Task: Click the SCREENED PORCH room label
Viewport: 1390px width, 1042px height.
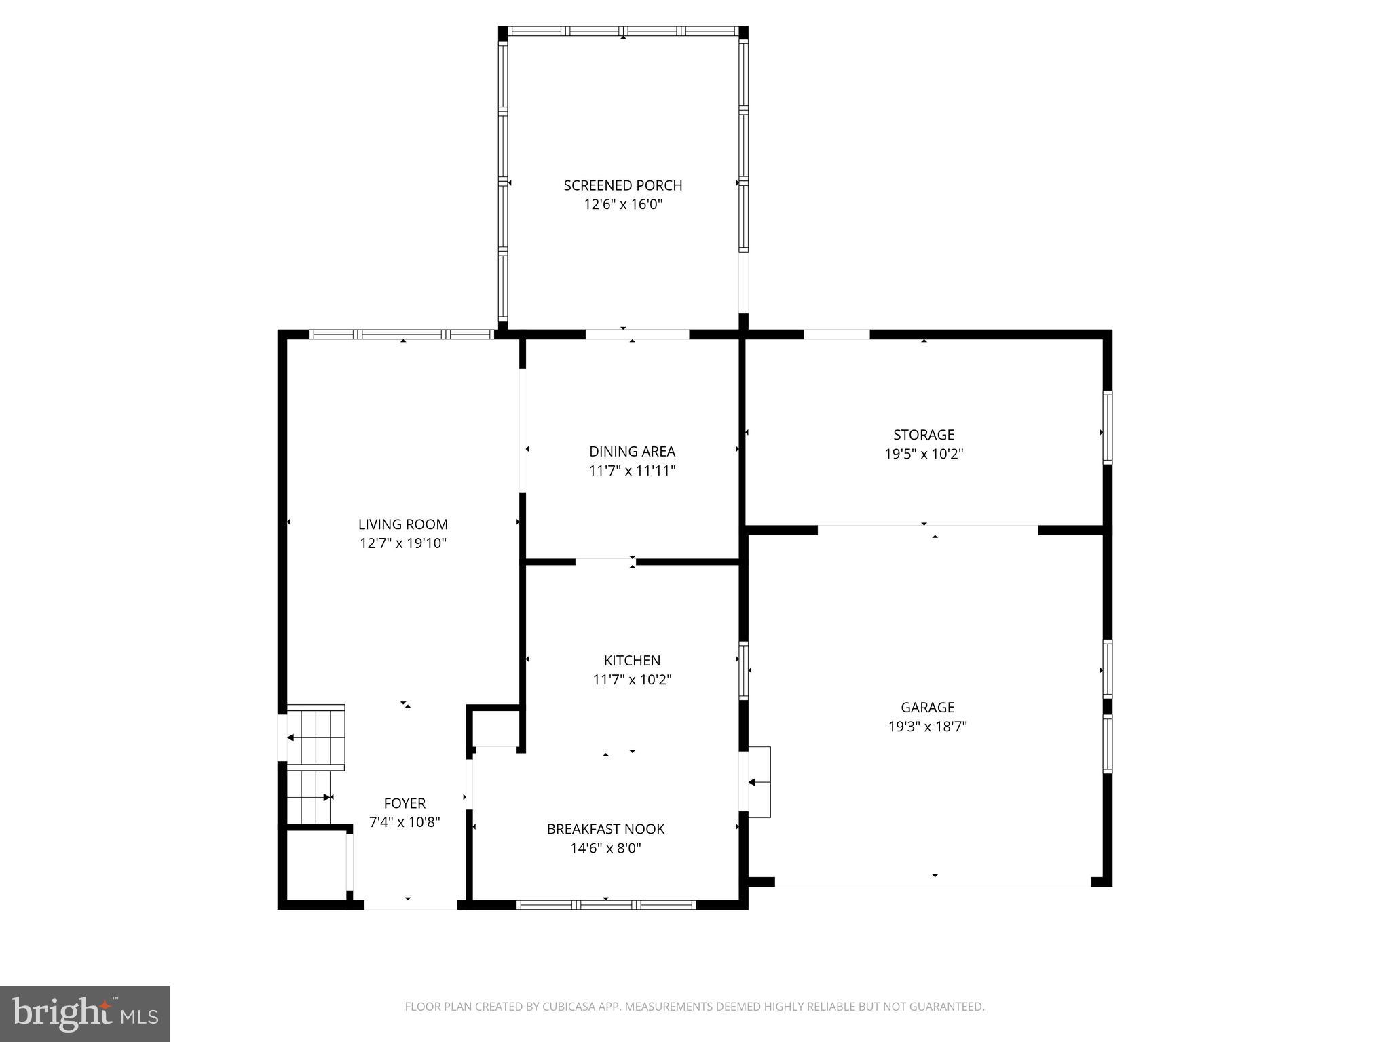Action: pos(622,185)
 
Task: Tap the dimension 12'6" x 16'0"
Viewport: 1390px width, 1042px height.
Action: pos(622,204)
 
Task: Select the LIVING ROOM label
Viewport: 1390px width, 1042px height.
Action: pos(403,524)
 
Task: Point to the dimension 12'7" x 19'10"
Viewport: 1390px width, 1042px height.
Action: pos(403,543)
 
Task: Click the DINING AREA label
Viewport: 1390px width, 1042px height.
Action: pos(632,452)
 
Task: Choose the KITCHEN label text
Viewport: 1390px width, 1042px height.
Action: pos(632,661)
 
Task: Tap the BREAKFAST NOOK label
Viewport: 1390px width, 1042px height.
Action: pos(605,829)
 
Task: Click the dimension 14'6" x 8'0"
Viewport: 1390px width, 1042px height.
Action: pos(605,848)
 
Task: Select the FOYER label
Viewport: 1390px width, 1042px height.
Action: pos(405,803)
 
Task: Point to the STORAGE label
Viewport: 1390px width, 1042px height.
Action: pos(924,435)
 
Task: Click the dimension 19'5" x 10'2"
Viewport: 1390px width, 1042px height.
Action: pos(924,454)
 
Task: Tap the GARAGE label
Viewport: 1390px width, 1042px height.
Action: pos(927,708)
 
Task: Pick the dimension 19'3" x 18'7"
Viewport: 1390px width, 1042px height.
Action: pos(927,727)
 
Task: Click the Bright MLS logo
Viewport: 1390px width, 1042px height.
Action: pos(85,1014)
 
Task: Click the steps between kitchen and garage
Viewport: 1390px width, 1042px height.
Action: pos(759,782)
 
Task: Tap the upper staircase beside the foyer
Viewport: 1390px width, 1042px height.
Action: pos(316,737)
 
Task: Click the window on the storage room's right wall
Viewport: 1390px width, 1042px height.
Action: pos(1107,427)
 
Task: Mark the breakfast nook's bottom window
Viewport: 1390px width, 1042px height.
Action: pos(606,904)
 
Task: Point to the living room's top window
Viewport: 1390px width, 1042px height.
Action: pos(402,334)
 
